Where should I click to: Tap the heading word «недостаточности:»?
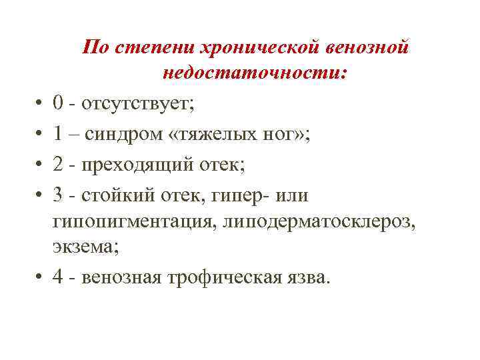tap(254, 73)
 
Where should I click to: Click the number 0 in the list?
tap(59, 103)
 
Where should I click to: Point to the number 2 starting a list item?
tap(59, 164)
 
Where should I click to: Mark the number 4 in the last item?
tap(59, 276)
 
